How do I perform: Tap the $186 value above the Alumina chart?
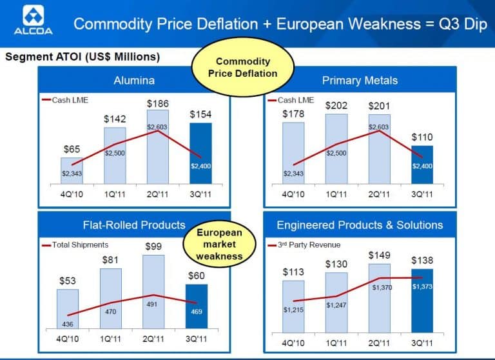tap(157, 104)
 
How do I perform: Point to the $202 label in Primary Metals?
tap(336, 105)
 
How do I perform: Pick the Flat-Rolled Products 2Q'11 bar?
tap(153, 291)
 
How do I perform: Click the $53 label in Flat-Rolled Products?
tap(68, 281)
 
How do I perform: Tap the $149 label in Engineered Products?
tap(379, 255)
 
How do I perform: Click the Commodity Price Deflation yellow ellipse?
tap(242, 67)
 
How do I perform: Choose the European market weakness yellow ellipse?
tap(219, 244)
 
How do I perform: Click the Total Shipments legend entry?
tap(75, 245)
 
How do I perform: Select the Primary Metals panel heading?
tap(360, 81)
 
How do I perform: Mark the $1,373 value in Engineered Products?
tap(422, 286)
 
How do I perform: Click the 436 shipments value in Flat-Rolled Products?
tap(68, 324)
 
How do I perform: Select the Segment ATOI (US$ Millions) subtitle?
tap(82, 57)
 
